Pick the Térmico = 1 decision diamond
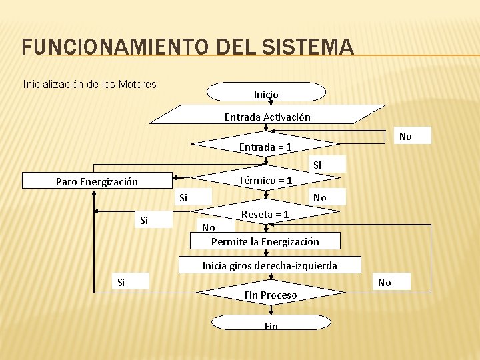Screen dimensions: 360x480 [265, 180]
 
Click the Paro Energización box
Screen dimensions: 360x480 [97, 181]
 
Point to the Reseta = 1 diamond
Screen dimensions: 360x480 [265, 214]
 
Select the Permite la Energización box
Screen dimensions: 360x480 [265, 241]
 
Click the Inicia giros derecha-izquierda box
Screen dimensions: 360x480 [269, 265]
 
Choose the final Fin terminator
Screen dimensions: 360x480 [271, 324]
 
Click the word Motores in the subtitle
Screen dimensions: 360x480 [137, 84]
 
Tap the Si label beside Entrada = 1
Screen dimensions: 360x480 [317, 164]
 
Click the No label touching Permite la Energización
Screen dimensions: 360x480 [208, 227]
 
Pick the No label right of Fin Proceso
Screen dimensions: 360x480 [385, 282]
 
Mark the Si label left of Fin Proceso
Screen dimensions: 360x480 [121, 282]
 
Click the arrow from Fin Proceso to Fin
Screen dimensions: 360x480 [271, 311]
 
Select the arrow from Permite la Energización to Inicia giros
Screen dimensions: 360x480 [266, 253]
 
